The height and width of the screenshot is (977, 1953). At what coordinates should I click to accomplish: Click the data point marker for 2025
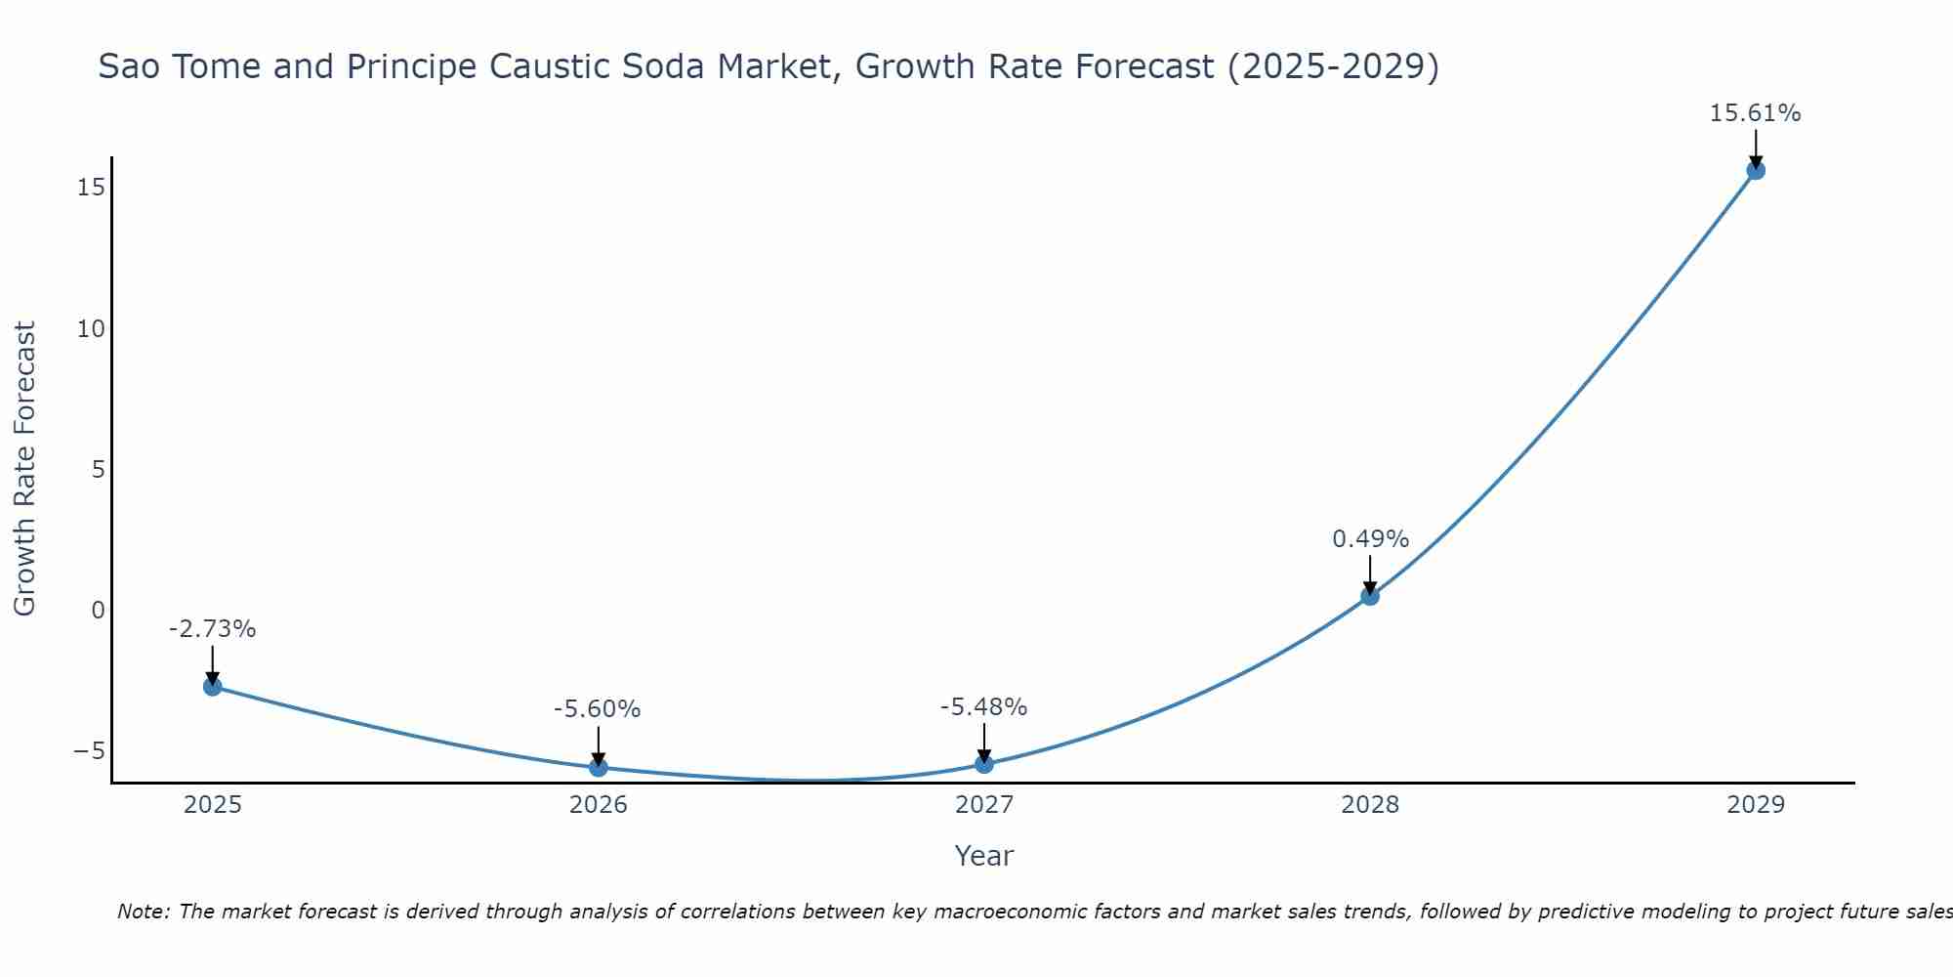[212, 686]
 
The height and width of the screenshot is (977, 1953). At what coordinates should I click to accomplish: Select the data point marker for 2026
[598, 767]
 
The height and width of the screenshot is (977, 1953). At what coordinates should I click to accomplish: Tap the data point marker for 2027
[983, 763]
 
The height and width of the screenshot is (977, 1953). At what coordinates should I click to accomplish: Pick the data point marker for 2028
[1369, 595]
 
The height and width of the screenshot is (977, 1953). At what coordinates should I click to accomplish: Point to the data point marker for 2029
[1755, 170]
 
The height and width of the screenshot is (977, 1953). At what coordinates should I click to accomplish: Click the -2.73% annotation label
[212, 629]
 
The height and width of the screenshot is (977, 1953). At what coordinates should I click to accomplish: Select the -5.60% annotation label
[597, 709]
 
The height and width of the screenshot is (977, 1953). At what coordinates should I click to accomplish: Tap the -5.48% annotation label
[983, 707]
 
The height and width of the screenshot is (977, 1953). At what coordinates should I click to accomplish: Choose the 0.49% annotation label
[1370, 539]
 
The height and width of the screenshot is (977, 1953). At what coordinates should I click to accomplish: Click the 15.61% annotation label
[1755, 113]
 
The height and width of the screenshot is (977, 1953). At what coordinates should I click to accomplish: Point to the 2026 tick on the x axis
[598, 805]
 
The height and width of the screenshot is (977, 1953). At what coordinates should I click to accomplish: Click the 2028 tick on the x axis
[1369, 805]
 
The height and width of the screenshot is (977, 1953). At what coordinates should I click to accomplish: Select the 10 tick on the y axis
[91, 328]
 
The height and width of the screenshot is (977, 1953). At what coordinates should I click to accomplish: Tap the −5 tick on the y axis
[89, 750]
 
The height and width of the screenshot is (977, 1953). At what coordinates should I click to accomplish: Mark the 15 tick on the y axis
[91, 187]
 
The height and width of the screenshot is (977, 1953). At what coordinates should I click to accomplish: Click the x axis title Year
[983, 856]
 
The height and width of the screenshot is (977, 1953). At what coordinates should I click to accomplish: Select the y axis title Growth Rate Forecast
[24, 469]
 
